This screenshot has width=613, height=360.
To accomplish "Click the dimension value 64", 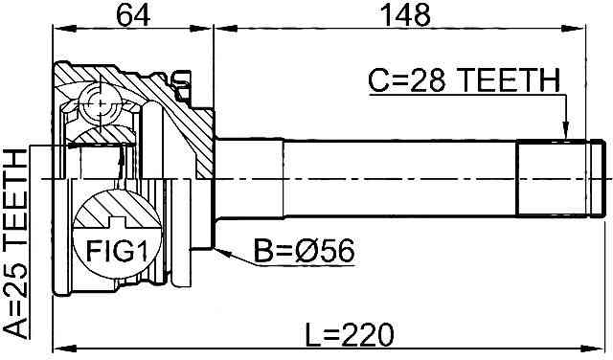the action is pyautogui.click(x=133, y=15).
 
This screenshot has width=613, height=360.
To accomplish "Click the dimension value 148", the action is pyautogui.click(x=405, y=15).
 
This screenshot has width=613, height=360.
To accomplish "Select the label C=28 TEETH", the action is pyautogui.click(x=464, y=80).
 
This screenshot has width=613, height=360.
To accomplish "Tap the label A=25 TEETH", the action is pyautogui.click(x=15, y=243).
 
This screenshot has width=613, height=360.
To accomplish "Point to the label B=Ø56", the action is pyautogui.click(x=305, y=251).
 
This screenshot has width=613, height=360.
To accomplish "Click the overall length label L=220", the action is pyautogui.click(x=349, y=334).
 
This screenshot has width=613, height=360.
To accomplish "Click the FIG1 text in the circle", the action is pyautogui.click(x=117, y=251).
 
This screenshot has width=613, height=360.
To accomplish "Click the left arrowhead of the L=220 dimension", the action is pyautogui.click(x=63, y=348).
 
